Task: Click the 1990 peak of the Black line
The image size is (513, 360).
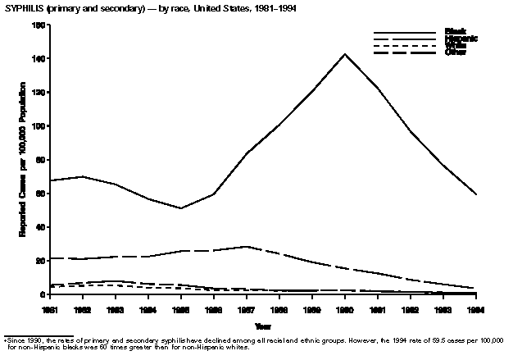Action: pyautogui.click(x=345, y=54)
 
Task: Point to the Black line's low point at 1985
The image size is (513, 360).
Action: pyautogui.click(x=181, y=208)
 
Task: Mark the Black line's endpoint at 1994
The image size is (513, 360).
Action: pyautogui.click(x=476, y=194)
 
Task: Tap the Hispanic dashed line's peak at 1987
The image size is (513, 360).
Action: pyautogui.click(x=247, y=246)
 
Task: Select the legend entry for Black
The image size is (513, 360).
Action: pyautogui.click(x=456, y=31)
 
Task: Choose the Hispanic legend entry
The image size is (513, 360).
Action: pyautogui.click(x=461, y=39)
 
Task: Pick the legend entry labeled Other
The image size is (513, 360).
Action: pyautogui.click(x=456, y=52)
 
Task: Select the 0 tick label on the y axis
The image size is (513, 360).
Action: pyautogui.click(x=42, y=294)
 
